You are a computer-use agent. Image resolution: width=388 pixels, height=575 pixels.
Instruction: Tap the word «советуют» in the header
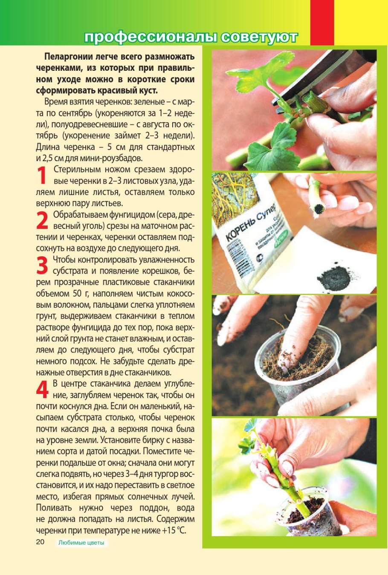(x=259, y=38)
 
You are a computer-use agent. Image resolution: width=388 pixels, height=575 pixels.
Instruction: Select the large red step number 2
(x=42, y=221)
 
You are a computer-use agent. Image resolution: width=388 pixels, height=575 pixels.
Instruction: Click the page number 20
(x=40, y=542)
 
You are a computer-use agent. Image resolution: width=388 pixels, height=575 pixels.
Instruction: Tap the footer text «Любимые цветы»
(x=81, y=543)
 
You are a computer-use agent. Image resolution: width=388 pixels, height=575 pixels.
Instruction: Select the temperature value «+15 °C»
(x=174, y=531)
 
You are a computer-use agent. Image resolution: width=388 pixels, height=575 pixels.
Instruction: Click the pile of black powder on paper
(x=333, y=277)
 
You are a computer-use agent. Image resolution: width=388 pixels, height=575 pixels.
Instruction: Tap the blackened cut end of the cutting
(x=318, y=208)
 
